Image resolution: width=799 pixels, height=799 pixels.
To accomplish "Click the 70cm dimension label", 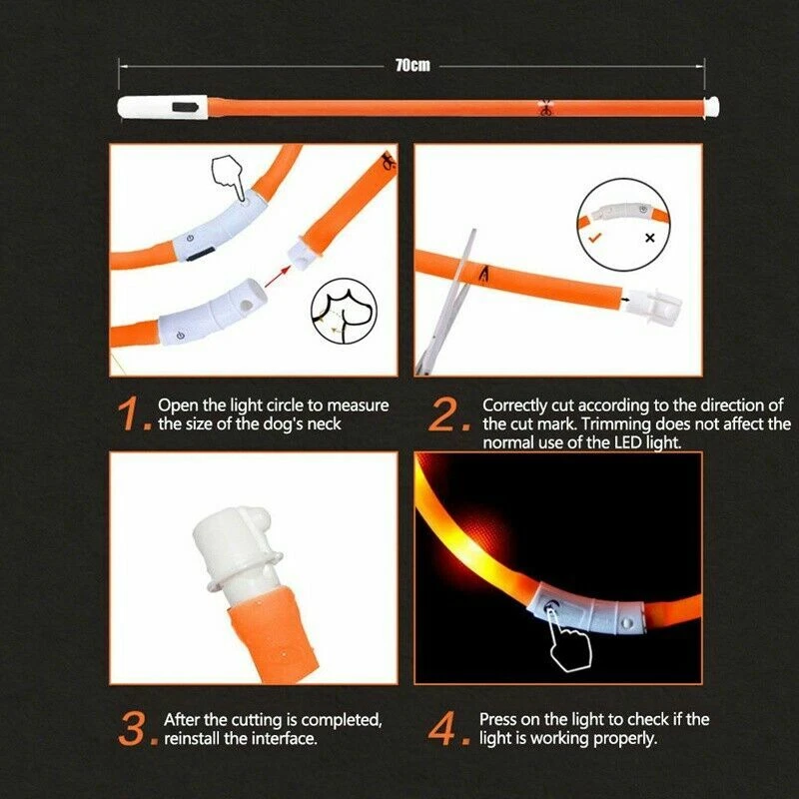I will pyautogui.click(x=411, y=66).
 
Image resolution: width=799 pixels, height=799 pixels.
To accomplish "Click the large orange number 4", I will pyautogui.click(x=445, y=729).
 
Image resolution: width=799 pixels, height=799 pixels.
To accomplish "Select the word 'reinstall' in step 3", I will pyautogui.click(x=192, y=738).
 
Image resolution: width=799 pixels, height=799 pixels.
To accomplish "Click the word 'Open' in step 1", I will pyautogui.click(x=177, y=406).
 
